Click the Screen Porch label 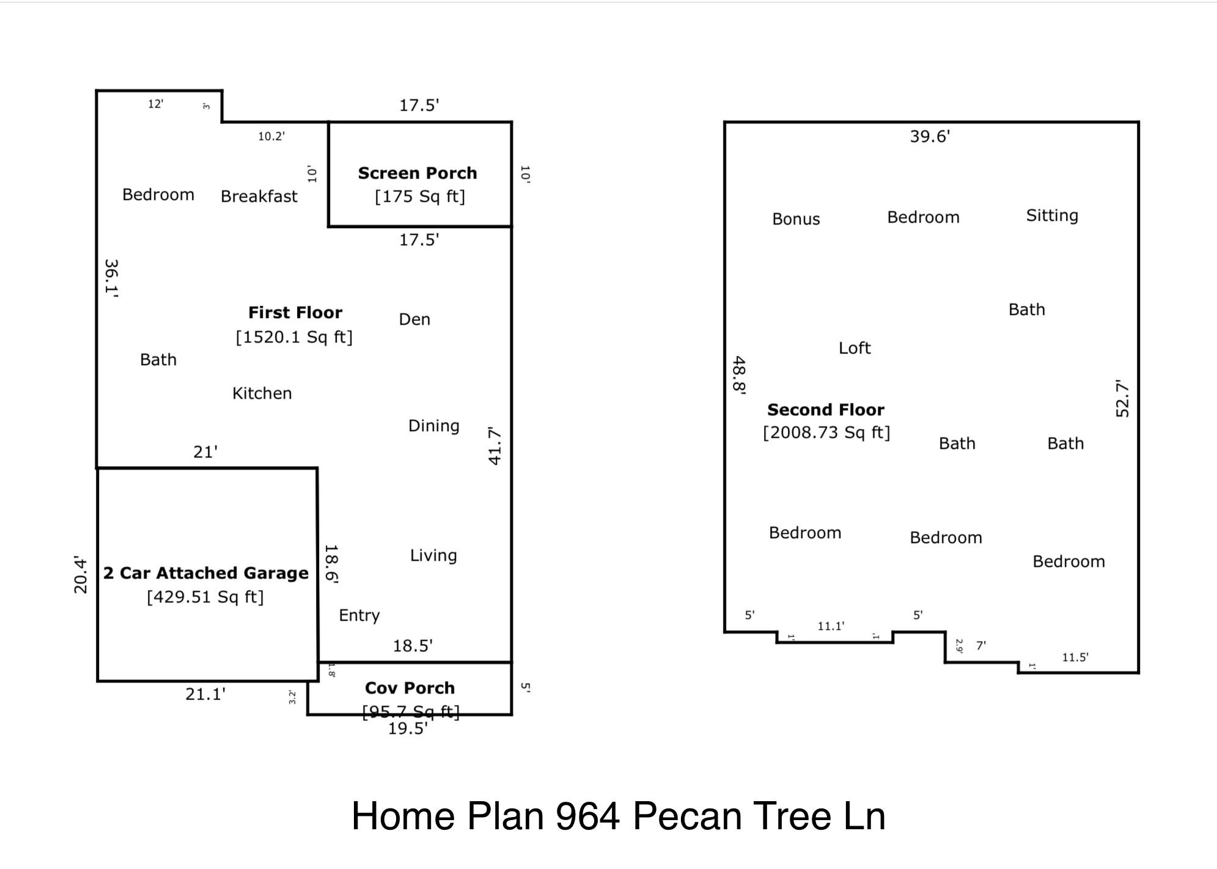(x=417, y=174)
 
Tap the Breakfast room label (x=259, y=196)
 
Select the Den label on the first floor (x=414, y=319)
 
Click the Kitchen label (x=262, y=393)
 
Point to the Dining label (x=433, y=426)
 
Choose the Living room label (x=433, y=555)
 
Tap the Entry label (x=359, y=615)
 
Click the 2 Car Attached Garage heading (x=206, y=573)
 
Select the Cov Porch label (x=410, y=688)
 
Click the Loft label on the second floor (x=854, y=348)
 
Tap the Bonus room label (x=796, y=219)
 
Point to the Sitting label (x=1051, y=215)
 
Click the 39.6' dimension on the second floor (x=930, y=136)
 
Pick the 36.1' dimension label (x=112, y=278)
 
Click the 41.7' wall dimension (x=495, y=446)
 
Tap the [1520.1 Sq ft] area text (x=294, y=337)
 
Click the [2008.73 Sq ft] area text (x=826, y=432)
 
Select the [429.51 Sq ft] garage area (x=205, y=597)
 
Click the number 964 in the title (x=587, y=816)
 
